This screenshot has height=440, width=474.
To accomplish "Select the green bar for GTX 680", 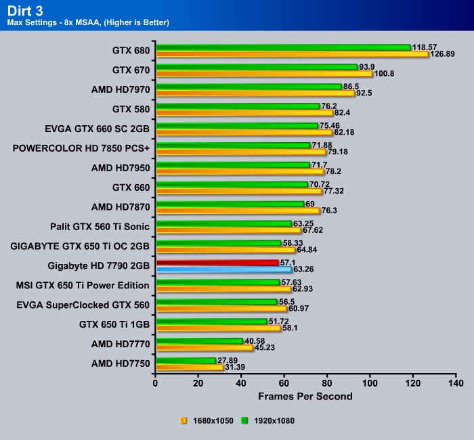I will point(283,47).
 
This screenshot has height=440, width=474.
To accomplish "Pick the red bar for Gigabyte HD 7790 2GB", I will point(217,263).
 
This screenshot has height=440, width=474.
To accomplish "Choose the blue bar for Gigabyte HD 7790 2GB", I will point(223,269).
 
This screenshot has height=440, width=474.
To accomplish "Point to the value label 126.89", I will point(443,55).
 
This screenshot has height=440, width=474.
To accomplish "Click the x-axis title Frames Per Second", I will point(305,395).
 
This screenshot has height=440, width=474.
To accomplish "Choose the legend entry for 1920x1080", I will point(270,420).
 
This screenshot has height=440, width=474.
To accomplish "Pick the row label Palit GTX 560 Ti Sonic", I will point(100,226).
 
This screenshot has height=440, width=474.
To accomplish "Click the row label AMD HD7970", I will point(121,89).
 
